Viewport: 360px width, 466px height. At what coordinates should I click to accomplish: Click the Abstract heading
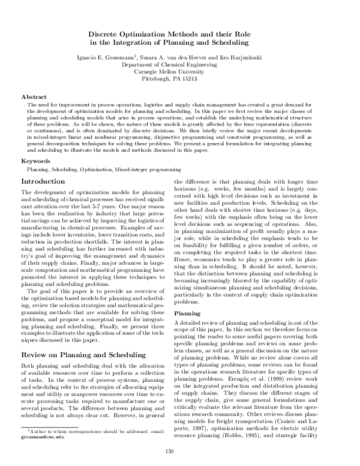(34, 96)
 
